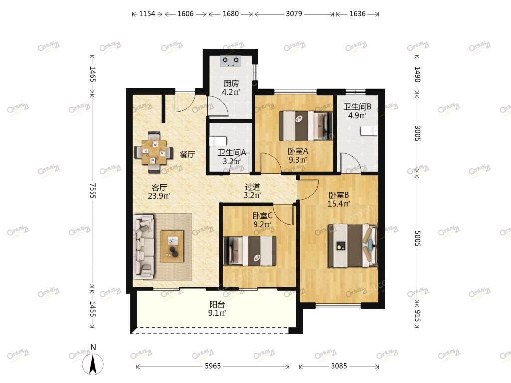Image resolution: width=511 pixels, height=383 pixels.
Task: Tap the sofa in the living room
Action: (144, 246)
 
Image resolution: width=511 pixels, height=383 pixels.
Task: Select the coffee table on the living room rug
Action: (172, 246)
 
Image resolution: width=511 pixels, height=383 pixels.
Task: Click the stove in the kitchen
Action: (231, 61)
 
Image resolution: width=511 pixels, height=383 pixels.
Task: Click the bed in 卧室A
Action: (307, 126)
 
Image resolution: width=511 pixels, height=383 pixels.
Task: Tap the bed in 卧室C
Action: (250, 251)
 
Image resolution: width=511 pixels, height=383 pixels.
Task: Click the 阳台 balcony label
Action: (217, 305)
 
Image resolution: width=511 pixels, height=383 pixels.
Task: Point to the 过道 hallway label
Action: (252, 187)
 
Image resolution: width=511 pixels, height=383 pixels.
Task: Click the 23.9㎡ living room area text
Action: (159, 196)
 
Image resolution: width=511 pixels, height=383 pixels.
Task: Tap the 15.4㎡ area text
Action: (339, 204)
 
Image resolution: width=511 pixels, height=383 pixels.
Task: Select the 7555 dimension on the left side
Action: (93, 191)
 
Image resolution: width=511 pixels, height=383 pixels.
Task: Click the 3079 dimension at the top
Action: (294, 14)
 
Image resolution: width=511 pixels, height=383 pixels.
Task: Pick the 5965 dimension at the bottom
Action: (213, 366)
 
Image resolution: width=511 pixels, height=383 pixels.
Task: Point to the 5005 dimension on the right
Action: (418, 239)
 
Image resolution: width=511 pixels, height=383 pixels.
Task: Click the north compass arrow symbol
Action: (93, 363)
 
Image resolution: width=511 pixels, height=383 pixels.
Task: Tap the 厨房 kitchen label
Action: (231, 83)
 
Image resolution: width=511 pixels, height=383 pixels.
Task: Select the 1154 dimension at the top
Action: (147, 14)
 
